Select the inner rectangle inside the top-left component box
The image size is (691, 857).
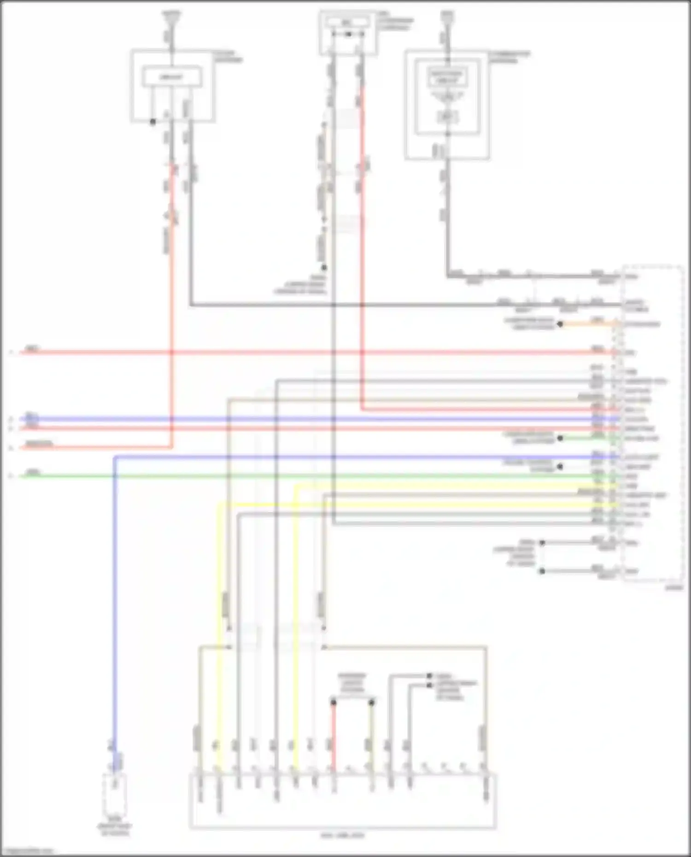tap(171, 76)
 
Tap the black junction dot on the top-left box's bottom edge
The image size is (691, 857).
tap(153, 122)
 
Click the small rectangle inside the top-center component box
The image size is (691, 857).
tap(348, 22)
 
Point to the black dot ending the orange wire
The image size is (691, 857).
tap(560, 324)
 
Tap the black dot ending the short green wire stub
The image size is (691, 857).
tap(560, 438)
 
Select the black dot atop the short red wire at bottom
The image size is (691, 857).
tap(334, 702)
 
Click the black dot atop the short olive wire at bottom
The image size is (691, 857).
tap(372, 702)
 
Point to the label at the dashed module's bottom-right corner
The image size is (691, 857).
tap(674, 588)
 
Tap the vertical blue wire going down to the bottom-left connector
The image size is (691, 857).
tap(115, 599)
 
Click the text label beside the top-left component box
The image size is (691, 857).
tap(228, 57)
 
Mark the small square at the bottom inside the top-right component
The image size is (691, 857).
tap(447, 117)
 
